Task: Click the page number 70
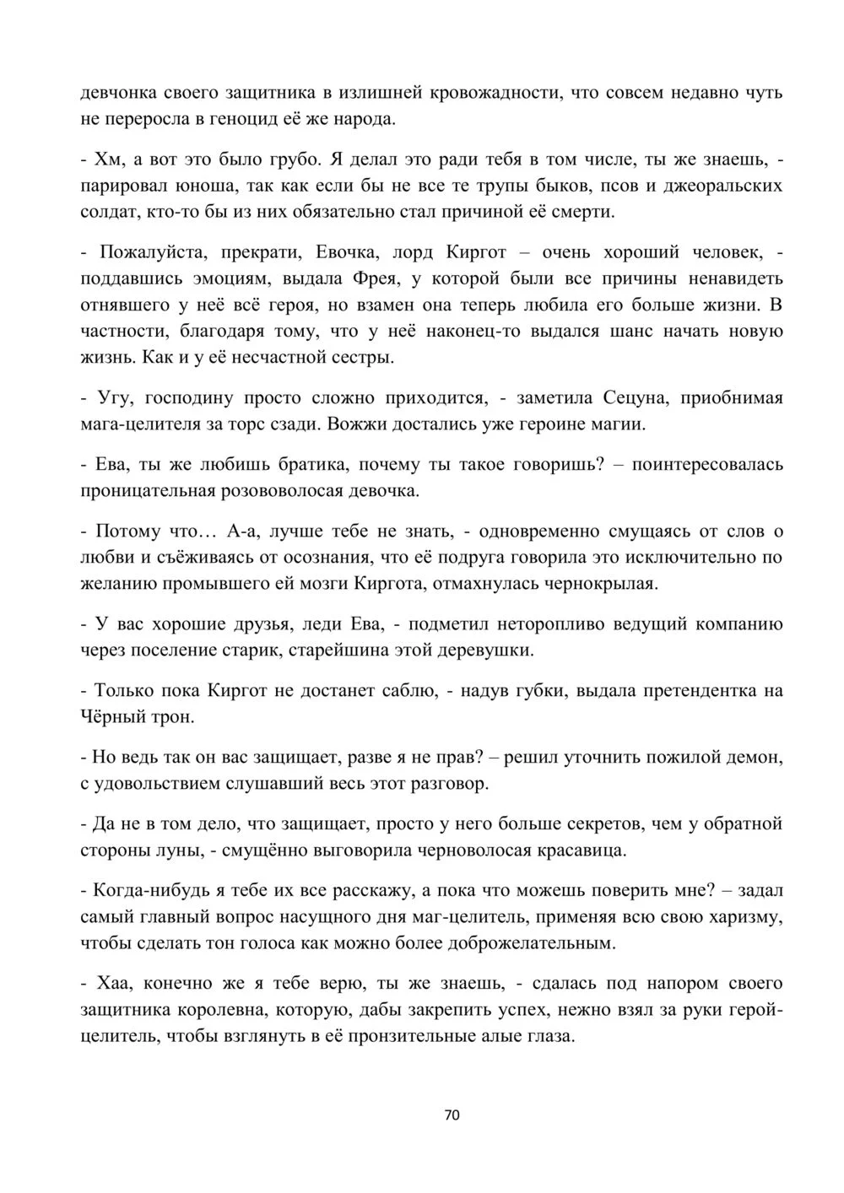coord(452,1115)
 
